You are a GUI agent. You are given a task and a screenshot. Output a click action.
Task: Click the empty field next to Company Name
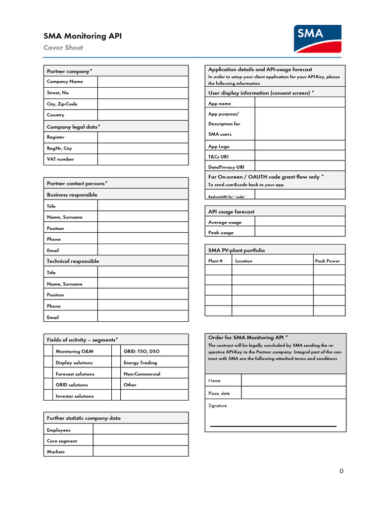click(142, 82)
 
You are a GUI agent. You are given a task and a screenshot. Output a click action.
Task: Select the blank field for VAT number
click(142, 159)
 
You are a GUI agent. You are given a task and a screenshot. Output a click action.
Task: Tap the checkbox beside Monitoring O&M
click(48, 351)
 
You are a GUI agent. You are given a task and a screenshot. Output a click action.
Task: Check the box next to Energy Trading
click(116, 362)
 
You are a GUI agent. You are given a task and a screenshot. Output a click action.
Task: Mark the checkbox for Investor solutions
click(48, 396)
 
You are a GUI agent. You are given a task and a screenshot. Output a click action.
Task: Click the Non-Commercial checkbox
click(116, 374)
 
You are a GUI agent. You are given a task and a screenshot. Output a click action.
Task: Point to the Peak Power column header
click(328, 261)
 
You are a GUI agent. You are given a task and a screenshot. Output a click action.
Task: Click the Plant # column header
click(215, 261)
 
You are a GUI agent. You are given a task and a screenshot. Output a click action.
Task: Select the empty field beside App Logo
click(300, 146)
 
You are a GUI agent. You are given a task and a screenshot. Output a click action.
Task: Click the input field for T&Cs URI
click(300, 156)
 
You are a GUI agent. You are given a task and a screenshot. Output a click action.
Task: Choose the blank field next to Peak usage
click(300, 232)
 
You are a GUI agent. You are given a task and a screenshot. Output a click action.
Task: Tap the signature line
click(273, 425)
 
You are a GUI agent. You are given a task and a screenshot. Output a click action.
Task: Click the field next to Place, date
click(293, 393)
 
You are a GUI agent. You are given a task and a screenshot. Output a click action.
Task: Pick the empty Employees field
click(141, 430)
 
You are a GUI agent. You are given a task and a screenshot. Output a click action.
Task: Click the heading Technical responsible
click(73, 261)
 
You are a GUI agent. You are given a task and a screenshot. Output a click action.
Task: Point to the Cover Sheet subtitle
click(63, 48)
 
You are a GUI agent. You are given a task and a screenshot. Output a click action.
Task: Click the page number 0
click(341, 471)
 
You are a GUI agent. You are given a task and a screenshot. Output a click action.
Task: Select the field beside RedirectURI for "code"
click(300, 195)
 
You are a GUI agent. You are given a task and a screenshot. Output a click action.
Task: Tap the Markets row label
click(56, 452)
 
